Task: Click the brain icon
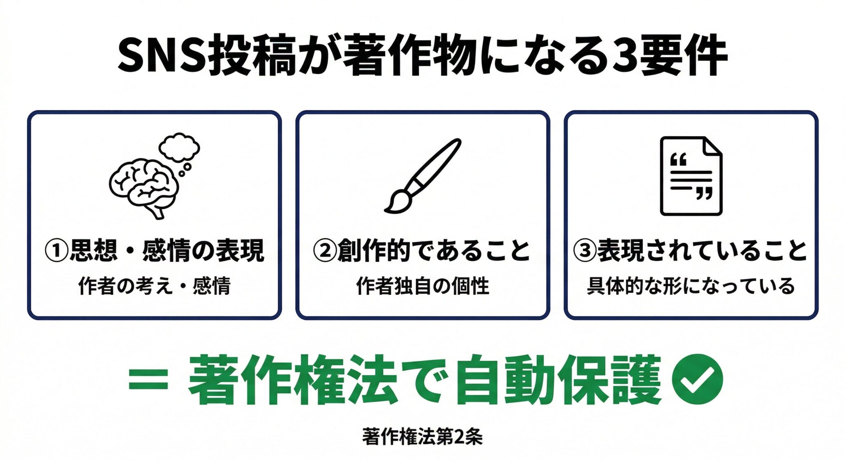(x=144, y=188)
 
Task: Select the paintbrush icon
(x=422, y=176)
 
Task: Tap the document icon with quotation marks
(x=691, y=176)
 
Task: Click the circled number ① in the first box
(x=56, y=251)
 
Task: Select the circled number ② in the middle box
(x=325, y=251)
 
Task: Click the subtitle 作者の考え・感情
(x=154, y=286)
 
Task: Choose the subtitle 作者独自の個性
(x=422, y=286)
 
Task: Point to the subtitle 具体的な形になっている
(x=691, y=286)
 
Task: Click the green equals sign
(x=148, y=380)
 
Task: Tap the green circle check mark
(x=697, y=379)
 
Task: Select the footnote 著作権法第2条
(x=422, y=437)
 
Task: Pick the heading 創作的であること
(x=433, y=251)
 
